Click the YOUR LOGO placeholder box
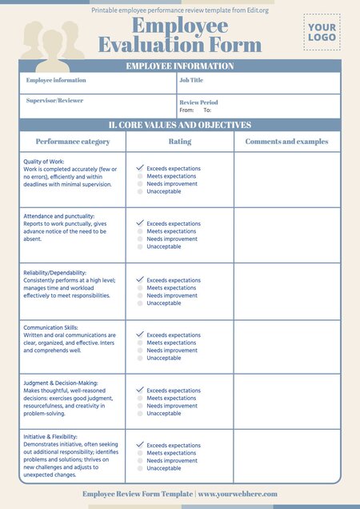pos(322,32)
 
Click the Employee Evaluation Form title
pos(179,36)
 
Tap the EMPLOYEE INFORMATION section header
pos(180,66)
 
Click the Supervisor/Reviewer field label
pos(54,101)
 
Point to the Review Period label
pos(198,102)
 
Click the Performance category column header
pos(73,142)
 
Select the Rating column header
pos(179,142)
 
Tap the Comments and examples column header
pos(286,142)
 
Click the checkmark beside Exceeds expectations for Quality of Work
pos(140,168)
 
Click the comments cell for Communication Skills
pos(286,347)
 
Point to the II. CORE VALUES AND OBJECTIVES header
pos(180,126)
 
